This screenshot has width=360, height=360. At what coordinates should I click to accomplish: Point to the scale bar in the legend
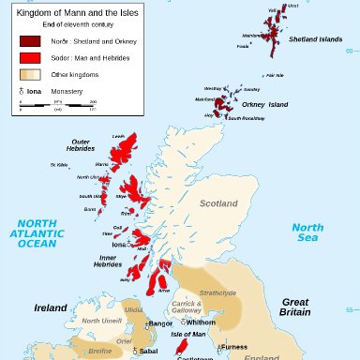pos(57,104)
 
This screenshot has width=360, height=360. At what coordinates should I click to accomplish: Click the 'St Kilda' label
pos(59,165)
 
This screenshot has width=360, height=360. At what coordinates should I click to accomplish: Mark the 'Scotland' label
pos(219,202)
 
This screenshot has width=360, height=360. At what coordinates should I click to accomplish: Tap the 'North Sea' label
pos(307,232)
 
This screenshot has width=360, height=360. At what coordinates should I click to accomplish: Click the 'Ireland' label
pos(51,307)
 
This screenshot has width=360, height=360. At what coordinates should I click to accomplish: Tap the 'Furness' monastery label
pos(234,347)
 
